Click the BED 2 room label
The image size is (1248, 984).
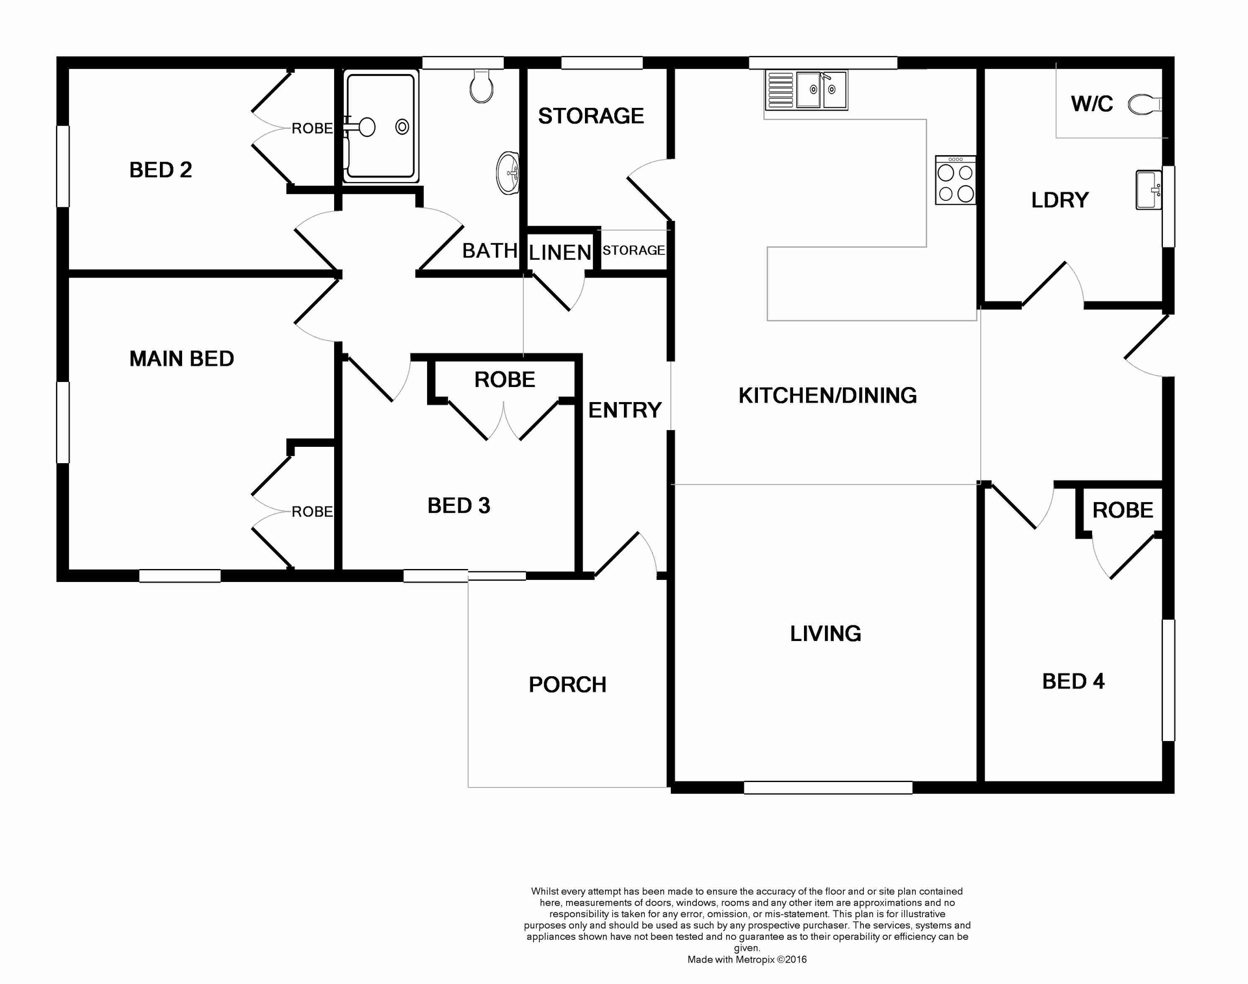pos(161,170)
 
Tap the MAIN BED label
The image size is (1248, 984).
pos(181,359)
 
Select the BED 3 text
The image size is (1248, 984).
pos(458,505)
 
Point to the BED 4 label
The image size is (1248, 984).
pos(1073,681)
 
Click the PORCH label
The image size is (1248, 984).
pos(567,685)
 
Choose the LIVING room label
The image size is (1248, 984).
pos(825,633)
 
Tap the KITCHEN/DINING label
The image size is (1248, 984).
pos(827,395)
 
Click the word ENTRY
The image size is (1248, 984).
pos(625,410)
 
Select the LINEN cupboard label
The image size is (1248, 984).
pos(560,253)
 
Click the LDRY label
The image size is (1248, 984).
pos(1059,200)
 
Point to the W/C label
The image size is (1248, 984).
pos(1092,104)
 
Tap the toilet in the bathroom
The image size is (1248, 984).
pos(481,88)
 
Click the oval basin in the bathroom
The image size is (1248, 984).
pos(508,173)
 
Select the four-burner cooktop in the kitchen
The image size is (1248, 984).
pos(955,182)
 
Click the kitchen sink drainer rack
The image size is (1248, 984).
pos(780,90)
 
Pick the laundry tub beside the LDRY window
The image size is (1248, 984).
pos(1149,190)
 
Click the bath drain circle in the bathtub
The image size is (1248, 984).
pos(402,127)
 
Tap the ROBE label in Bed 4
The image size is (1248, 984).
pos(1123,511)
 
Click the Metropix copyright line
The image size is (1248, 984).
pos(747,959)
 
